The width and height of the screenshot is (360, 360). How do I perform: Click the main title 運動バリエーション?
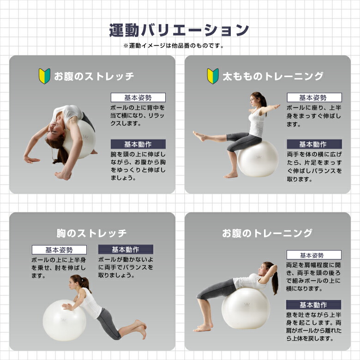(x=179, y=30)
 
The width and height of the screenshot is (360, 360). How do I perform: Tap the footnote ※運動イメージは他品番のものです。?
(x=174, y=46)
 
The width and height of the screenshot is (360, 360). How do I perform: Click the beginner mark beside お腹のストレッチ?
(x=45, y=76)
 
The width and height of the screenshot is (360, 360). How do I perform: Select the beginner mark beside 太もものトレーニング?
(x=213, y=76)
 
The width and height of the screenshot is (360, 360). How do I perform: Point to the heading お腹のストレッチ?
(x=94, y=76)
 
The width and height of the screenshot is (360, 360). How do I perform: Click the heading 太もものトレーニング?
(x=273, y=76)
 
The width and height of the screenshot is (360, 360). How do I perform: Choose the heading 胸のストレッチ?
(x=91, y=233)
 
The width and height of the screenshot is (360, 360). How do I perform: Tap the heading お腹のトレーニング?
(x=267, y=233)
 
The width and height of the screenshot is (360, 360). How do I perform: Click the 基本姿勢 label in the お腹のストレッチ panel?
(x=138, y=97)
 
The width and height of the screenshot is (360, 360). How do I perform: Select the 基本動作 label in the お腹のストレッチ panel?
(x=138, y=144)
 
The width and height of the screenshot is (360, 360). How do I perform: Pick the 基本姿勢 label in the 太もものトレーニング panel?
(x=314, y=97)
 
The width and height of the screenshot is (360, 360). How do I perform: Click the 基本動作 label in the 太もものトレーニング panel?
(x=314, y=144)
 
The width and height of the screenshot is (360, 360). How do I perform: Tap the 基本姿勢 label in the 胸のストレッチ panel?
(x=59, y=250)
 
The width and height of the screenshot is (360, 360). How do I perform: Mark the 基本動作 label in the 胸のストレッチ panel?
(x=126, y=249)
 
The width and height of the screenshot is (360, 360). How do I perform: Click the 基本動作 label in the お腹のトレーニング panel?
(x=313, y=305)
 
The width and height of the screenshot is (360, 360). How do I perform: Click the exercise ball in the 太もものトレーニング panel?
(x=258, y=159)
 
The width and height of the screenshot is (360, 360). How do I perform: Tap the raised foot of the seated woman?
(x=199, y=136)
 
